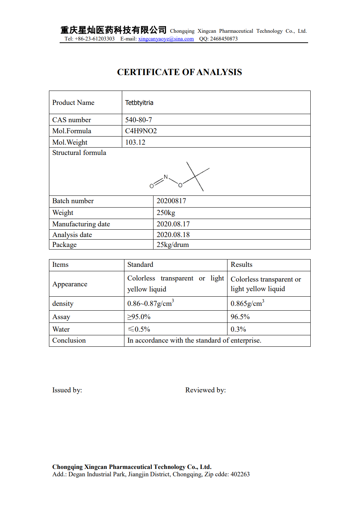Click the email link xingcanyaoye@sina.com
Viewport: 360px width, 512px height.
[x=166, y=39]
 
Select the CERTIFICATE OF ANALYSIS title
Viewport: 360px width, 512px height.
[x=179, y=72]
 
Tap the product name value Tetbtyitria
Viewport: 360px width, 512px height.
[x=139, y=103]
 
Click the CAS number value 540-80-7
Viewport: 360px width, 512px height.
[x=138, y=120]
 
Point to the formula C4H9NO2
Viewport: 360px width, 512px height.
[x=141, y=131]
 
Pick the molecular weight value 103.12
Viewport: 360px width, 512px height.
[x=135, y=142]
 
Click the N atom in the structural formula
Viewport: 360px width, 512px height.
[x=166, y=177]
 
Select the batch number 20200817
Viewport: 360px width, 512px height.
[x=171, y=201]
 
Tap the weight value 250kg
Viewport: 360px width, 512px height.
[x=166, y=213]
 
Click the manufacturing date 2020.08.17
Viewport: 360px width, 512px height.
[x=173, y=224]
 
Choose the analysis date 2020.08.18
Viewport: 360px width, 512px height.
[x=173, y=235]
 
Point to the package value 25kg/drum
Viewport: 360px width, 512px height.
[x=172, y=245]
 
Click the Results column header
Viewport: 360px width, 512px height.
[x=241, y=265]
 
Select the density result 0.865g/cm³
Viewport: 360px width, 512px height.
[x=247, y=304]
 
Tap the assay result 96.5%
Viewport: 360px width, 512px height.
[x=240, y=317]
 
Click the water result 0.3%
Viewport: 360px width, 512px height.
[x=238, y=329]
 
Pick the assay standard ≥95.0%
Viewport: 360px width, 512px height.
[x=139, y=317]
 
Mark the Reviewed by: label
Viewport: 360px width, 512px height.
[x=205, y=390]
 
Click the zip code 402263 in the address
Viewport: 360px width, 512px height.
[x=240, y=474]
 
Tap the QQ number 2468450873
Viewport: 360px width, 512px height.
[x=223, y=39]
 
